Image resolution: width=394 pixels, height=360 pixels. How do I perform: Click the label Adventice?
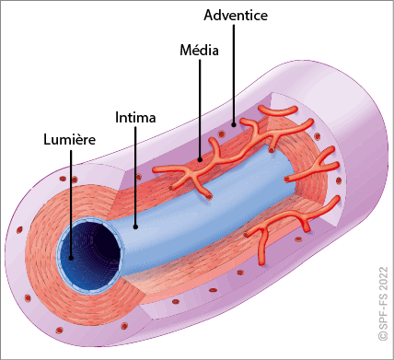[236, 15]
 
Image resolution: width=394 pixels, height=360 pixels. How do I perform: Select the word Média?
[199, 50]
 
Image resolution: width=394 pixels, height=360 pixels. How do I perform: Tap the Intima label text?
[135, 118]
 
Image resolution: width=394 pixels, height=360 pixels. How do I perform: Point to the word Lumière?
[69, 140]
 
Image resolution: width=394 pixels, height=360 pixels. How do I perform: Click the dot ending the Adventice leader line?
[234, 124]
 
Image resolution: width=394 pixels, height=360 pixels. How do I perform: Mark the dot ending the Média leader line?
[200, 159]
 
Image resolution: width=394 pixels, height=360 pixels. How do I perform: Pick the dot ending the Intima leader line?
[135, 227]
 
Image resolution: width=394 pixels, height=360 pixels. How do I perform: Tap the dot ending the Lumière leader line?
[71, 258]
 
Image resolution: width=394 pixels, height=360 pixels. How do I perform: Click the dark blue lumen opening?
[90, 257]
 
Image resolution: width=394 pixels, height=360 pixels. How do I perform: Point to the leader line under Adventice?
[234, 74]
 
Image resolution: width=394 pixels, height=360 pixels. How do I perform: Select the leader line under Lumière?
[71, 203]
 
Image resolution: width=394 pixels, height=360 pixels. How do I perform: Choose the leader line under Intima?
[135, 177]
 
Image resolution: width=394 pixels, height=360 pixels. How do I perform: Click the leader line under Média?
[200, 109]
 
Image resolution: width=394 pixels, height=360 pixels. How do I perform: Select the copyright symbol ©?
[383, 336]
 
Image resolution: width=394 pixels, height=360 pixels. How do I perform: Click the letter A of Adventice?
[209, 16]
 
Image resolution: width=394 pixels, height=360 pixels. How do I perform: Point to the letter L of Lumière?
[47, 140]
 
